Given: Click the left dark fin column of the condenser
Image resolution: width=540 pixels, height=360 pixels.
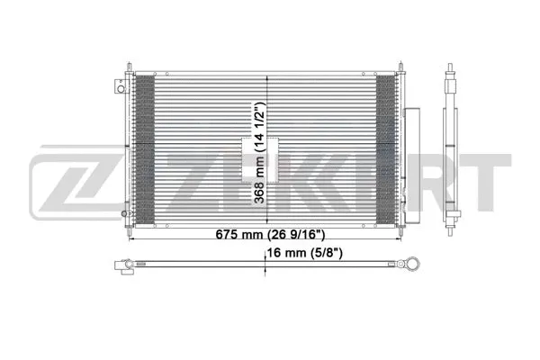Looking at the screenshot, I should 144,148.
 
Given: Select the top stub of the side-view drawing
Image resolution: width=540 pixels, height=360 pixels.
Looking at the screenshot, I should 451,70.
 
